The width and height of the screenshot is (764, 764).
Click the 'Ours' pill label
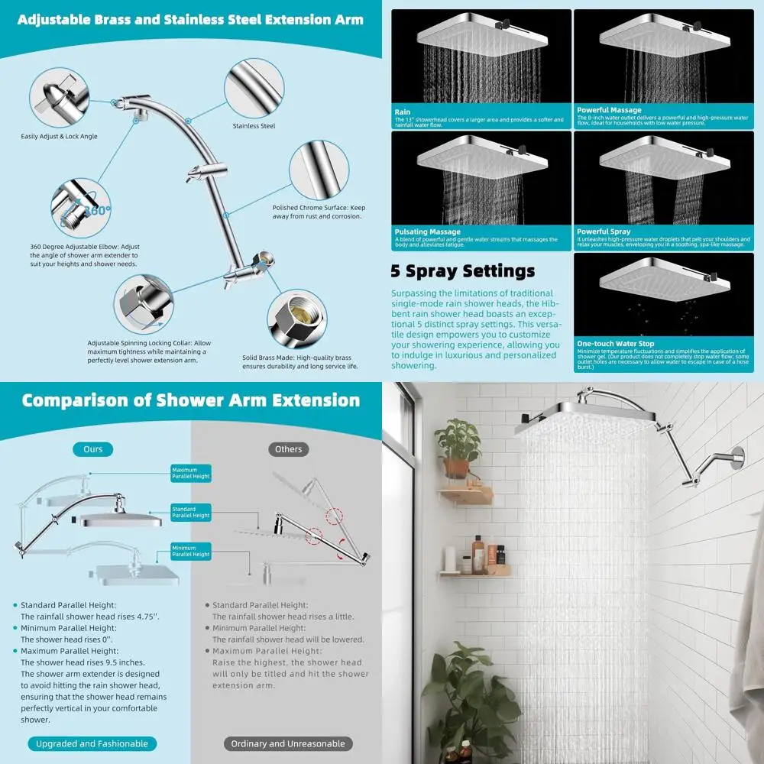(92, 449)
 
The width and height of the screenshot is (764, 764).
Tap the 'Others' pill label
(288, 449)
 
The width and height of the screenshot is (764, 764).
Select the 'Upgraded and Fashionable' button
(92, 743)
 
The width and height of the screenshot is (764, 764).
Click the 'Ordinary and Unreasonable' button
(288, 743)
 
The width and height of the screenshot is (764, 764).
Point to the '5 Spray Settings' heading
(463, 271)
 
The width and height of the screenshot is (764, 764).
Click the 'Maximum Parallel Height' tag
(190, 474)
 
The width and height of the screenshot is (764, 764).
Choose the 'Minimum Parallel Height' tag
(190, 550)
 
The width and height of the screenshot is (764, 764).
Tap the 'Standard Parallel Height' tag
(190, 513)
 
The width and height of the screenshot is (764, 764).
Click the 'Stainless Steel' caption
(254, 126)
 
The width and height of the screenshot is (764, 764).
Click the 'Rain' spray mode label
(402, 112)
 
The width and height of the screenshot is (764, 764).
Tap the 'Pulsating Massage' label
(427, 231)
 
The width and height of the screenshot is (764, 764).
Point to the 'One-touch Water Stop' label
(615, 344)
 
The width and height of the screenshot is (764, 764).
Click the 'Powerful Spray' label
(604, 231)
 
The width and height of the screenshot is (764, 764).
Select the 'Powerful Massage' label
(609, 110)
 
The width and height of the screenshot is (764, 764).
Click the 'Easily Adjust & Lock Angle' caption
(59, 137)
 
